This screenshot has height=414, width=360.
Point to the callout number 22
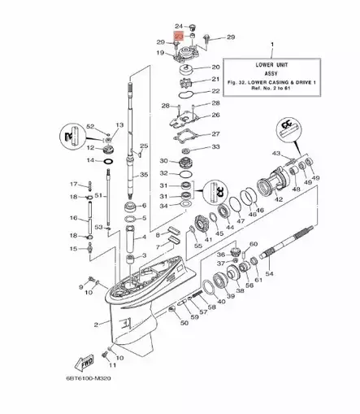pos(216,91)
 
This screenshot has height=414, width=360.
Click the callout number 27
pos(215,135)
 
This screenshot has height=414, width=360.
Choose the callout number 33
pos(215,147)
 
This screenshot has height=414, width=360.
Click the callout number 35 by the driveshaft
pos(144,175)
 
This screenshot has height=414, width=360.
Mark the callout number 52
pos(90,126)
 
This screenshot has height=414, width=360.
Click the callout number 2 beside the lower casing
pos(96,324)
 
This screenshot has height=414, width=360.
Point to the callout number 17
pos(71,183)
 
